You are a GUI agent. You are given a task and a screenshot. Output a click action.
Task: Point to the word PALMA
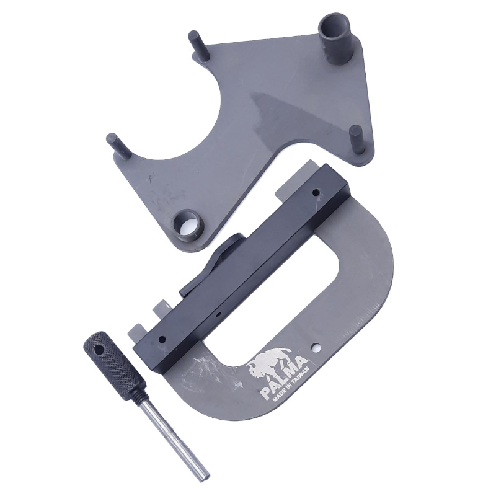pos(283,378)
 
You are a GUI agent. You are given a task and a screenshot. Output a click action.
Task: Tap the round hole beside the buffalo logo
pos(315,348)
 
